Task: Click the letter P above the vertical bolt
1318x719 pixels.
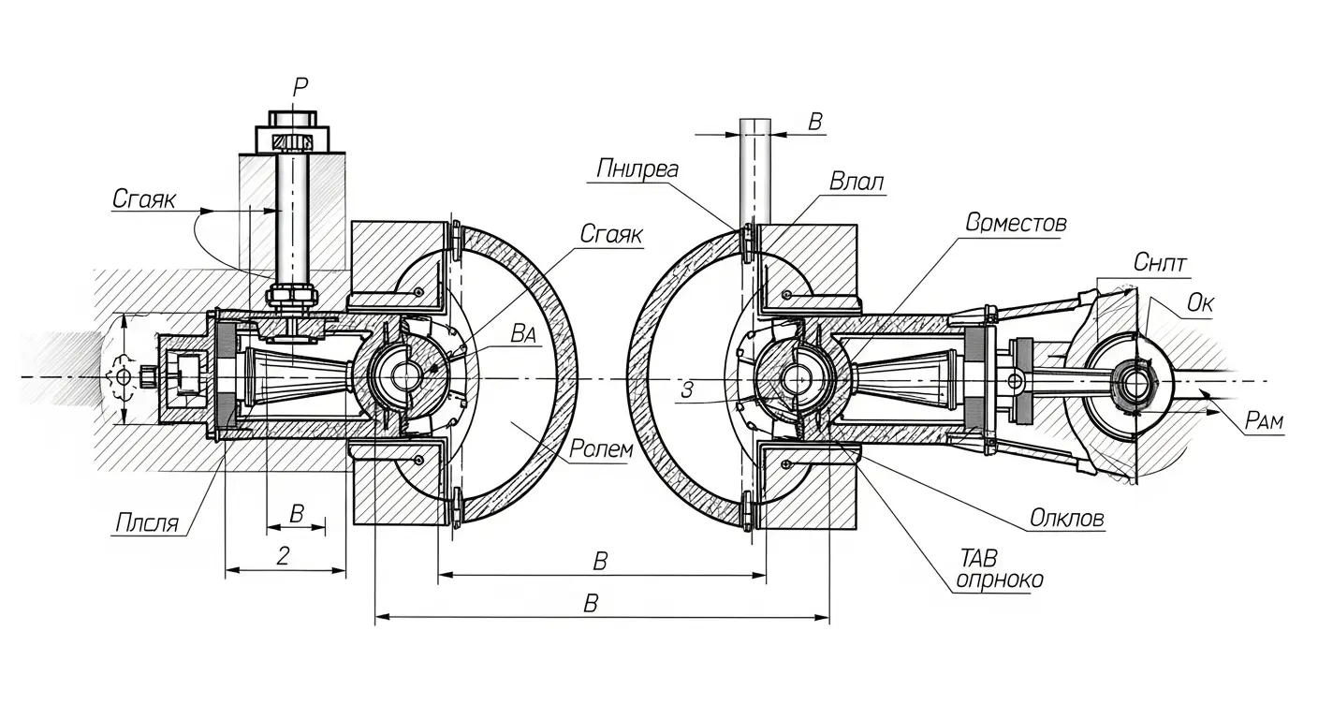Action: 300,87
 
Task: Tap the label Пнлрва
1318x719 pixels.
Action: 637,169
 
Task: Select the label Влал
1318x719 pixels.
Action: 857,182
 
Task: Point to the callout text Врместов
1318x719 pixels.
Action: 1017,223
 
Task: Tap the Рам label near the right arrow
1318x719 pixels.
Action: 1264,420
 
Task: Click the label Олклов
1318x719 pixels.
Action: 1067,519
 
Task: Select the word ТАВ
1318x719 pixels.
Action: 978,557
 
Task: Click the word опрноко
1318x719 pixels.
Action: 1000,580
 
